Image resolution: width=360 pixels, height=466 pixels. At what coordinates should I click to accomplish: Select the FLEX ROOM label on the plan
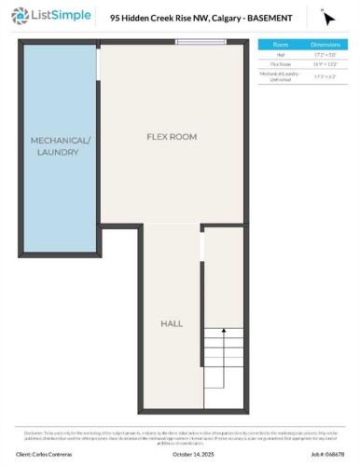172,137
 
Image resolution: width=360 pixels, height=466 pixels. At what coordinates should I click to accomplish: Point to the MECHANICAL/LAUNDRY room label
62,146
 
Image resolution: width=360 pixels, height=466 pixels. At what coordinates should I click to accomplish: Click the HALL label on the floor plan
172,322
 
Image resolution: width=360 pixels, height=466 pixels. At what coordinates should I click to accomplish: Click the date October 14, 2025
193,455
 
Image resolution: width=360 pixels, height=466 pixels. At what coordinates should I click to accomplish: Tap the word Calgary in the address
213,18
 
